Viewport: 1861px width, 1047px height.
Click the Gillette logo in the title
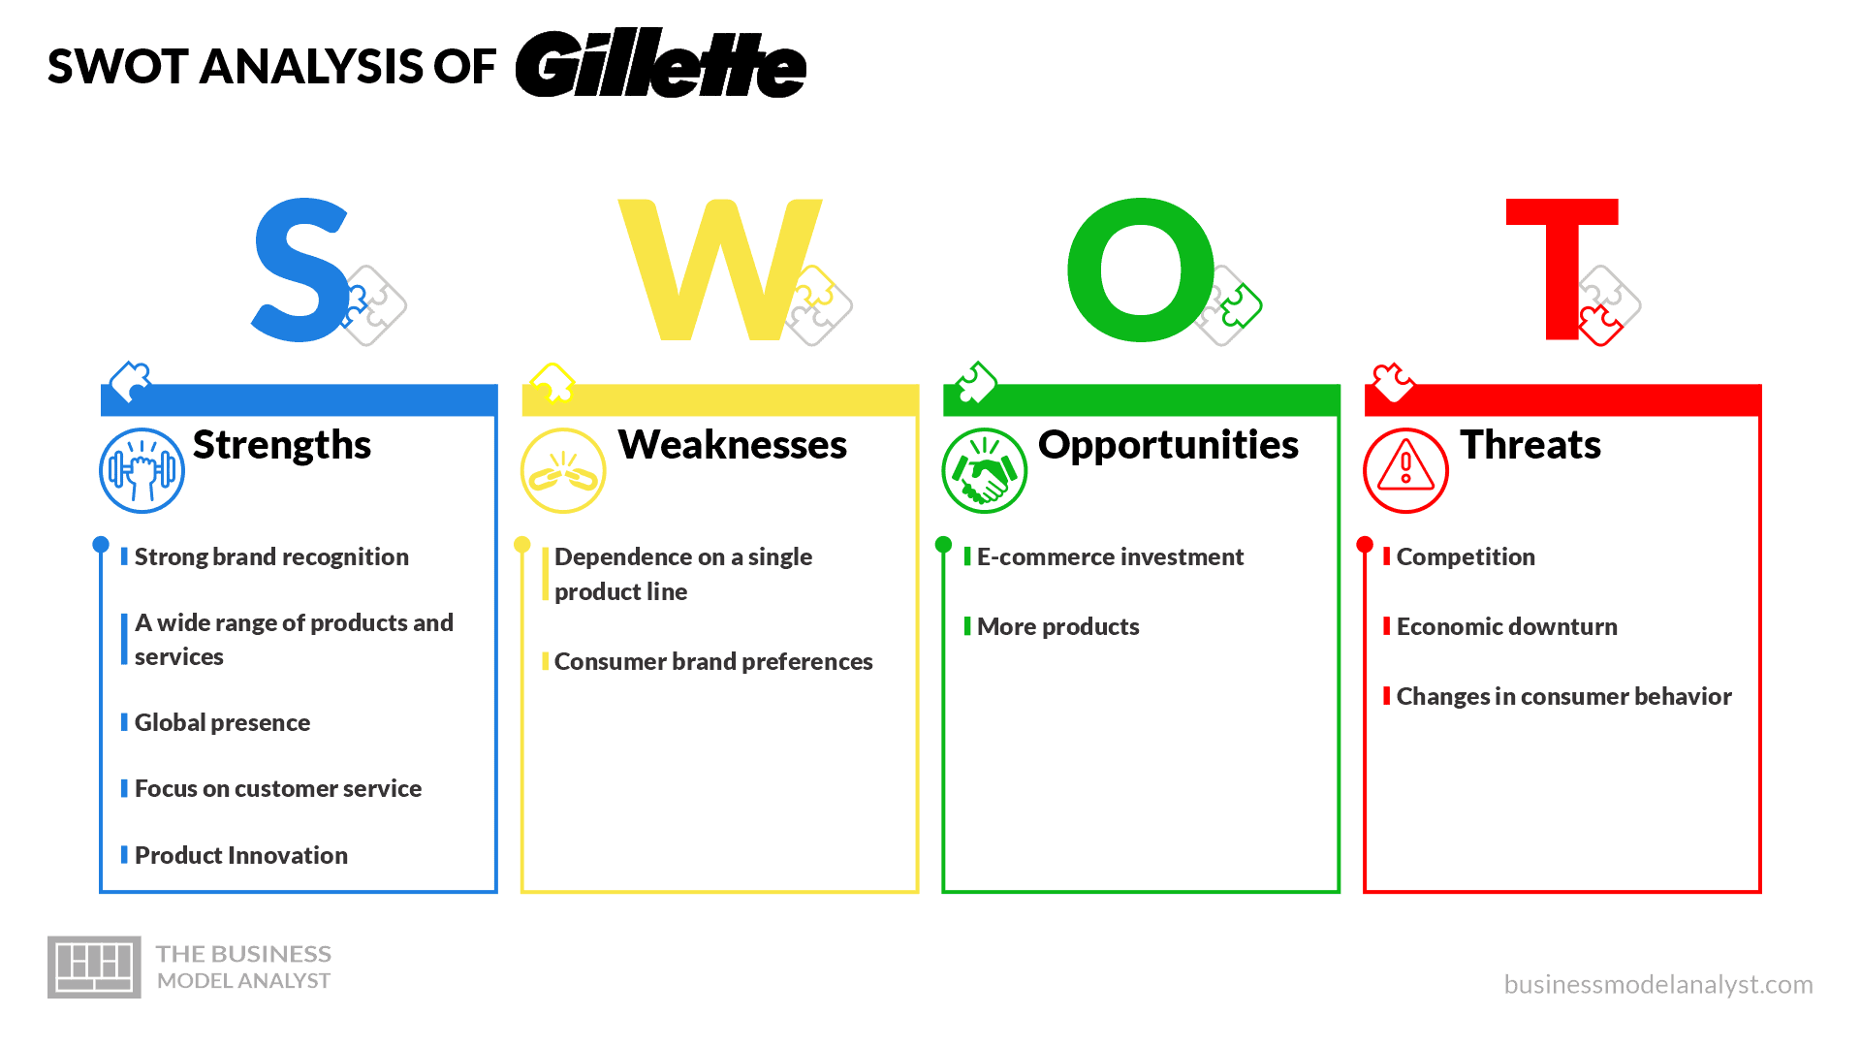click(660, 64)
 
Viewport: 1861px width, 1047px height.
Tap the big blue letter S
click(300, 270)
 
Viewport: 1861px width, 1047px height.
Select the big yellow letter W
click(719, 270)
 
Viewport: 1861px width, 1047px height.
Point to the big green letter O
click(1141, 270)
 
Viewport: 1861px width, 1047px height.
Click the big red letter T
click(1561, 270)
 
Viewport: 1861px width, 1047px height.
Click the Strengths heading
click(282, 445)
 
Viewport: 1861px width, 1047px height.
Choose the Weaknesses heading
click(733, 445)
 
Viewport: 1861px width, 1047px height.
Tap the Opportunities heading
click(1168, 445)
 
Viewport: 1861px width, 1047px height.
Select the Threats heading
click(1530, 445)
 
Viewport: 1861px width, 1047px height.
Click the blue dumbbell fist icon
click(142, 470)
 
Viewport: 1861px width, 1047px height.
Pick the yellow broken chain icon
click(563, 470)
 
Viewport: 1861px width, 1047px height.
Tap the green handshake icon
click(984, 470)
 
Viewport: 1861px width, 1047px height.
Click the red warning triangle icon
click(1405, 470)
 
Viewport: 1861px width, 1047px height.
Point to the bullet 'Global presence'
click(222, 722)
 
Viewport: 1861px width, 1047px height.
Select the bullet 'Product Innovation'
click(241, 855)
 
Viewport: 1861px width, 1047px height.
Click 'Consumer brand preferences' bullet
click(713, 661)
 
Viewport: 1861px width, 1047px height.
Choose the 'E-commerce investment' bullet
click(1110, 556)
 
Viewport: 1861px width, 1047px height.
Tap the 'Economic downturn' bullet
click(1507, 626)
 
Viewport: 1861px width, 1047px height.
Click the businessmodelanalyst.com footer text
click(1658, 984)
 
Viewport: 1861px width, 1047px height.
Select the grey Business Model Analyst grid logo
click(94, 967)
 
